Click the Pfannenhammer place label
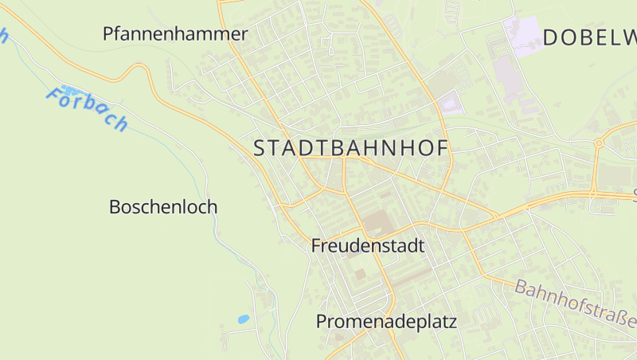[x=175, y=33]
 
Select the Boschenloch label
[x=162, y=207]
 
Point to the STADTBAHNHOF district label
[x=351, y=148]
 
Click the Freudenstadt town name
[x=368, y=245]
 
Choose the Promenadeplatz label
[x=386, y=322]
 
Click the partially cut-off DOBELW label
[x=590, y=37]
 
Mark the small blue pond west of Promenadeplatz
[x=243, y=319]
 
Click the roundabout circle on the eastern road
[x=598, y=143]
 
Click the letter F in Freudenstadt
[x=316, y=245]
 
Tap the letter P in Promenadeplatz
[x=322, y=322]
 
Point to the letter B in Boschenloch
[x=115, y=207]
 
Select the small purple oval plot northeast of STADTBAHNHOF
[x=451, y=104]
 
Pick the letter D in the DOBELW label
[x=552, y=37]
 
